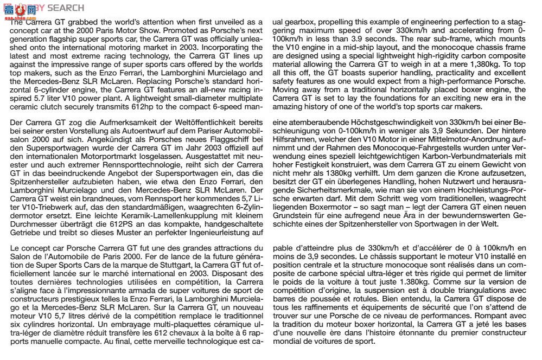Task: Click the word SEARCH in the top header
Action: click(x=66, y=8)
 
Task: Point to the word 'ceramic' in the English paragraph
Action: click(x=24, y=106)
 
